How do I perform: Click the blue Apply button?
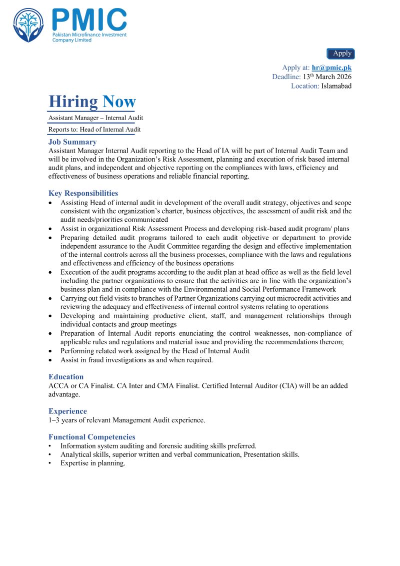(340, 54)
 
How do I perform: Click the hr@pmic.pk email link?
(331, 68)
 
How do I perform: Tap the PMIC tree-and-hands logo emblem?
(28, 25)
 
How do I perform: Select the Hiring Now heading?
(92, 102)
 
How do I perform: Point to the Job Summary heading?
(72, 142)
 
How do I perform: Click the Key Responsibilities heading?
(83, 193)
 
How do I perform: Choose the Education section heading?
(66, 377)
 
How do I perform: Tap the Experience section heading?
(67, 411)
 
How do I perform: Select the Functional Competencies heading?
(91, 437)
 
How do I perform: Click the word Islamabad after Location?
(336, 86)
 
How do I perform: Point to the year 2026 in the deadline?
(342, 77)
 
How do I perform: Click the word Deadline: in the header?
(286, 77)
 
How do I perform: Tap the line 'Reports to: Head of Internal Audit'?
(94, 130)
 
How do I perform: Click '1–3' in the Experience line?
(54, 420)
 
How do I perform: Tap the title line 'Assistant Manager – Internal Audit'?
(95, 118)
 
